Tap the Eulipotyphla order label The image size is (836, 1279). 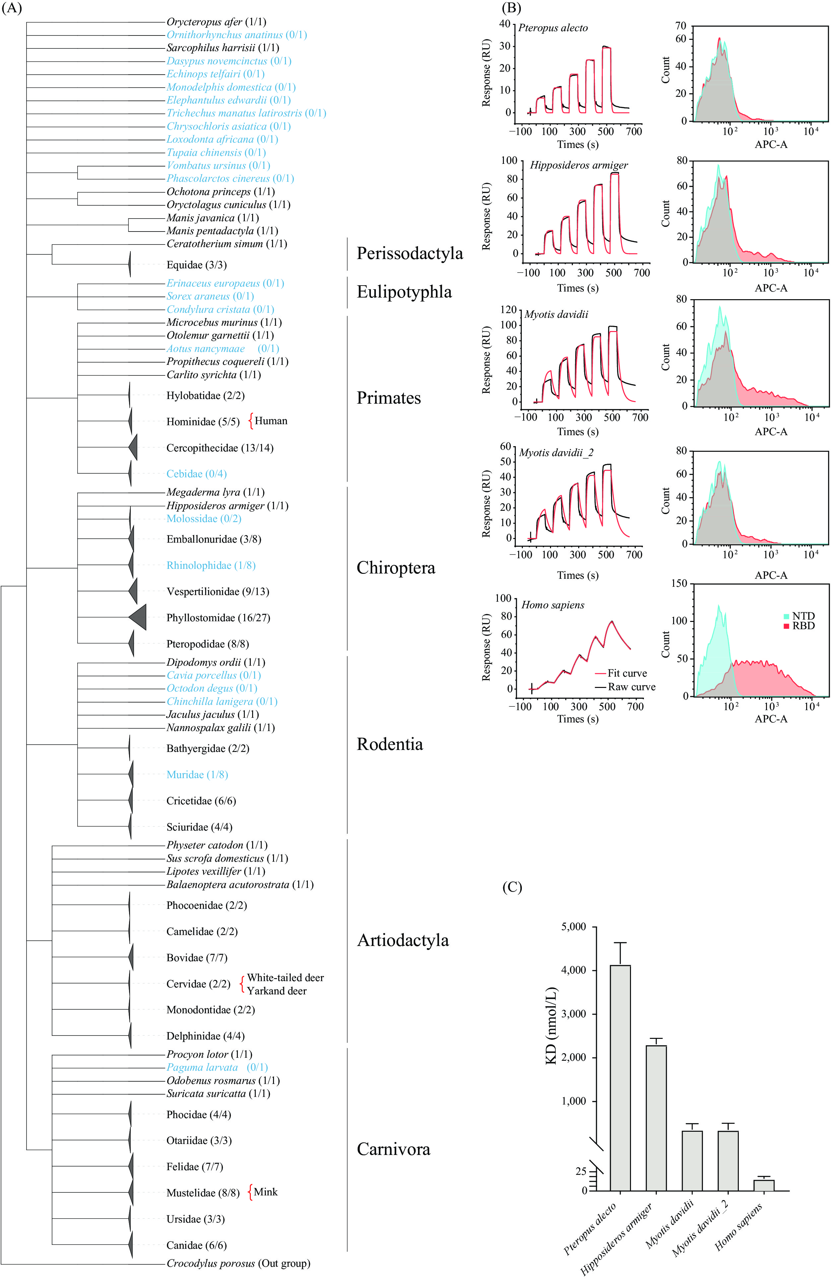click(x=404, y=292)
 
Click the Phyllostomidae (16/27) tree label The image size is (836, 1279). click(x=218, y=618)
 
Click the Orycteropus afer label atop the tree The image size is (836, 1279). click(x=216, y=22)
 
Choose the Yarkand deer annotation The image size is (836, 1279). click(x=277, y=991)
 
